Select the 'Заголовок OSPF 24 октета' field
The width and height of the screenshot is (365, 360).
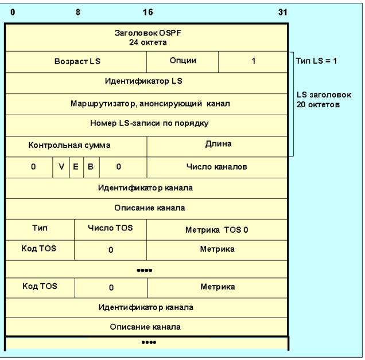(x=146, y=38)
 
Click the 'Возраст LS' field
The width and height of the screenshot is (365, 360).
(x=76, y=61)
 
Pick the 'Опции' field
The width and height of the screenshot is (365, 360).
(x=183, y=61)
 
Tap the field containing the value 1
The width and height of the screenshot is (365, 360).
(x=253, y=61)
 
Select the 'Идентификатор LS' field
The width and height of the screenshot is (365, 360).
(x=146, y=82)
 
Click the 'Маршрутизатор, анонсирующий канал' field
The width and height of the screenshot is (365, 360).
(x=146, y=104)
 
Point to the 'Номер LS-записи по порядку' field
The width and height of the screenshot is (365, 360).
(x=146, y=124)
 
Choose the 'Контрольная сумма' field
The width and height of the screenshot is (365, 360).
(x=69, y=146)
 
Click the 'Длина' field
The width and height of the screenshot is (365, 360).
(x=217, y=144)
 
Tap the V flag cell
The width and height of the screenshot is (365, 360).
(x=61, y=167)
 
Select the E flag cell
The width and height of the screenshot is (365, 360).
(x=75, y=167)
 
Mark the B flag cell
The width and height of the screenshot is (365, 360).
(x=90, y=167)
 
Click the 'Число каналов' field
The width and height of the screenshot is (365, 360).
(x=217, y=167)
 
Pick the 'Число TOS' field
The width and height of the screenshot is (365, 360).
(x=110, y=228)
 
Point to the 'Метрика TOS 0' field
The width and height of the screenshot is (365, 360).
(x=217, y=230)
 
